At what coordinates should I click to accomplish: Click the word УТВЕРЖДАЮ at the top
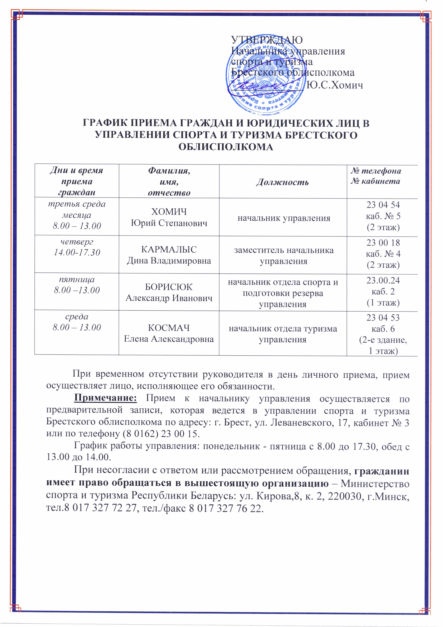[267, 40]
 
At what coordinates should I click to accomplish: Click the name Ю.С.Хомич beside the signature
[335, 85]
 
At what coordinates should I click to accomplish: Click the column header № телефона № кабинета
[376, 176]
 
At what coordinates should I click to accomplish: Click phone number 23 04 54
[383, 205]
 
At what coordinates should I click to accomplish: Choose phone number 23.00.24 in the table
[383, 281]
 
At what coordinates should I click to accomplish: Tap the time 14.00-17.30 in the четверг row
[77, 252]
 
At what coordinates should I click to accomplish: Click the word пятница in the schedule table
[77, 279]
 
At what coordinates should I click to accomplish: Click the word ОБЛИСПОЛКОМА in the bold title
[226, 147]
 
